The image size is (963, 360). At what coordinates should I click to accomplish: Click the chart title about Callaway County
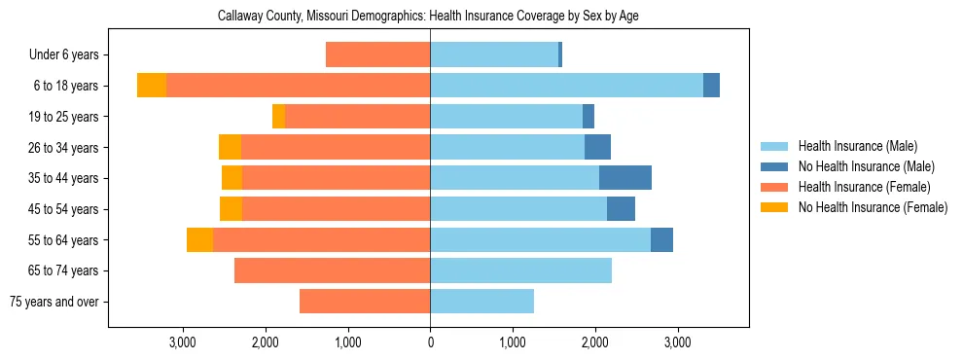(x=428, y=17)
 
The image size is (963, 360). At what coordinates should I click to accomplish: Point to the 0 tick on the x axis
(x=430, y=342)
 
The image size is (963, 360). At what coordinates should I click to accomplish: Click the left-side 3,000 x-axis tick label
(x=183, y=342)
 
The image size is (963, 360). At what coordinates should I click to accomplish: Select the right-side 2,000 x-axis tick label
(x=594, y=342)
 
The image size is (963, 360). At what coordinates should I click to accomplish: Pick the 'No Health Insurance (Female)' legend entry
(x=873, y=207)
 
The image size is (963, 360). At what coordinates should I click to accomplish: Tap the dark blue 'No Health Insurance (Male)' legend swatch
(x=775, y=166)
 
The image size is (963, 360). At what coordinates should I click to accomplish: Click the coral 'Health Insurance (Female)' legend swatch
(x=775, y=187)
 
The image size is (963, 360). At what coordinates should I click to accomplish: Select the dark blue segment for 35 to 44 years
(x=625, y=178)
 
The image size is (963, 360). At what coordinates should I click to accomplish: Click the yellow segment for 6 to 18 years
(x=152, y=86)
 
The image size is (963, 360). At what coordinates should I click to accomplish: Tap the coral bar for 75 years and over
(x=365, y=302)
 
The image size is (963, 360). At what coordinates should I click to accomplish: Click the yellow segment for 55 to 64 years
(x=199, y=239)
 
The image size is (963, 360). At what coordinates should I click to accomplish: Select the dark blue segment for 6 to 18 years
(x=711, y=86)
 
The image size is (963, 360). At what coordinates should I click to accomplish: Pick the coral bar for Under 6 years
(x=377, y=55)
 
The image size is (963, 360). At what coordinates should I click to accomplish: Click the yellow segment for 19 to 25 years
(x=278, y=117)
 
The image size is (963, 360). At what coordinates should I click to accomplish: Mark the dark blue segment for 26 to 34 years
(x=597, y=147)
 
